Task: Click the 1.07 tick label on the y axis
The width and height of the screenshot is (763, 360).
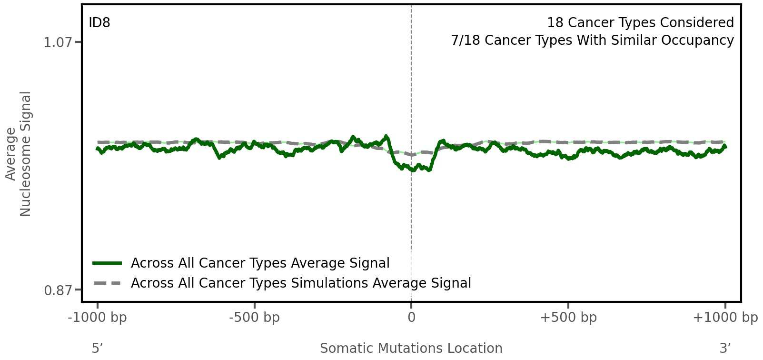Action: pyautogui.click(x=58, y=43)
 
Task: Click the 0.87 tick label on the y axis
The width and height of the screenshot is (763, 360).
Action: pyautogui.click(x=58, y=290)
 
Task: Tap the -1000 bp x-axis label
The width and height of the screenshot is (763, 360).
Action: pyautogui.click(x=98, y=318)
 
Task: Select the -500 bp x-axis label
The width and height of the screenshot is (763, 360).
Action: pyautogui.click(x=254, y=318)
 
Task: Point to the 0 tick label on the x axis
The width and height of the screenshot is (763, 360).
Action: pyautogui.click(x=411, y=318)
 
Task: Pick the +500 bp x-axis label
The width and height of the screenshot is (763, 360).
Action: pyautogui.click(x=568, y=318)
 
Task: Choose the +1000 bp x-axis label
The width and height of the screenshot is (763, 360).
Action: pyautogui.click(x=725, y=318)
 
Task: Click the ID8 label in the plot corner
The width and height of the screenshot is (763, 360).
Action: pyautogui.click(x=99, y=23)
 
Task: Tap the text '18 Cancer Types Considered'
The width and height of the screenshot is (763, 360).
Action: pyautogui.click(x=640, y=23)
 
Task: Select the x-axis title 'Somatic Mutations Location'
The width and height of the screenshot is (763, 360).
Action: pyautogui.click(x=411, y=349)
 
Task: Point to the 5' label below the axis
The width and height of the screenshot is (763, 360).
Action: pyautogui.click(x=97, y=349)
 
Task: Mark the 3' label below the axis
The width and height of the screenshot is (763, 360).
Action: pyautogui.click(x=725, y=349)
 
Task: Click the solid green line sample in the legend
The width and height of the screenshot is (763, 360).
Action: pyautogui.click(x=107, y=263)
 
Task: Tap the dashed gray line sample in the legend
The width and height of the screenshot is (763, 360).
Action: pyautogui.click(x=107, y=283)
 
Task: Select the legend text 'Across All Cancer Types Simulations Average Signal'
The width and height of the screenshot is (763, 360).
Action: pyautogui.click(x=301, y=283)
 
